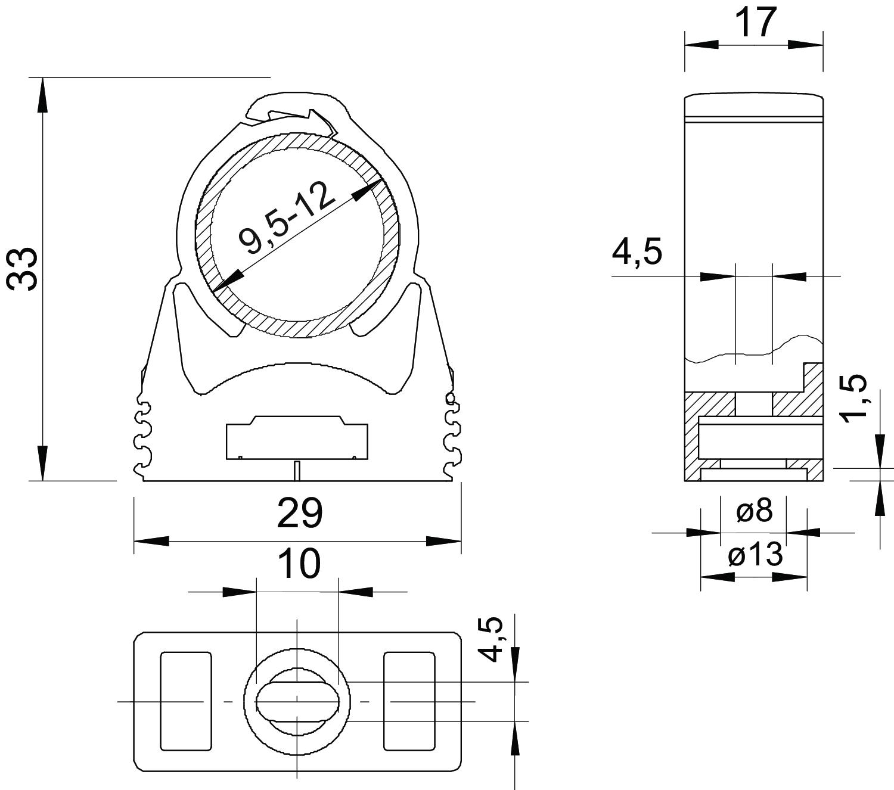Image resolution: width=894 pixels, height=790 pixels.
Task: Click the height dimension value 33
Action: (23, 269)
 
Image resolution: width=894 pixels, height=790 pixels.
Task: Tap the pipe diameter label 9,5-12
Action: (285, 217)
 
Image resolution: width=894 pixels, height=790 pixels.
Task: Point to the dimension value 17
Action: (756, 23)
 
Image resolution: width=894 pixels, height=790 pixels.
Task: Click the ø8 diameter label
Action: (755, 511)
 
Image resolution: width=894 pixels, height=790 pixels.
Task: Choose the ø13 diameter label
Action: (756, 555)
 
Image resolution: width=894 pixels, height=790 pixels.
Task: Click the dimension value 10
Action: (300, 563)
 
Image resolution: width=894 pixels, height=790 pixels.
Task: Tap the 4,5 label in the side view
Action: (637, 252)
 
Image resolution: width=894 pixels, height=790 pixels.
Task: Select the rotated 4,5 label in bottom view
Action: (491, 639)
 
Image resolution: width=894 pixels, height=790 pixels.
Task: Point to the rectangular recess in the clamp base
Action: (297, 437)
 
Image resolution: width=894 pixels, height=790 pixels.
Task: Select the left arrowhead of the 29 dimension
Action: (151, 541)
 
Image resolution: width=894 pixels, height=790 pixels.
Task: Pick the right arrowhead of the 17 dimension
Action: (805, 45)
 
